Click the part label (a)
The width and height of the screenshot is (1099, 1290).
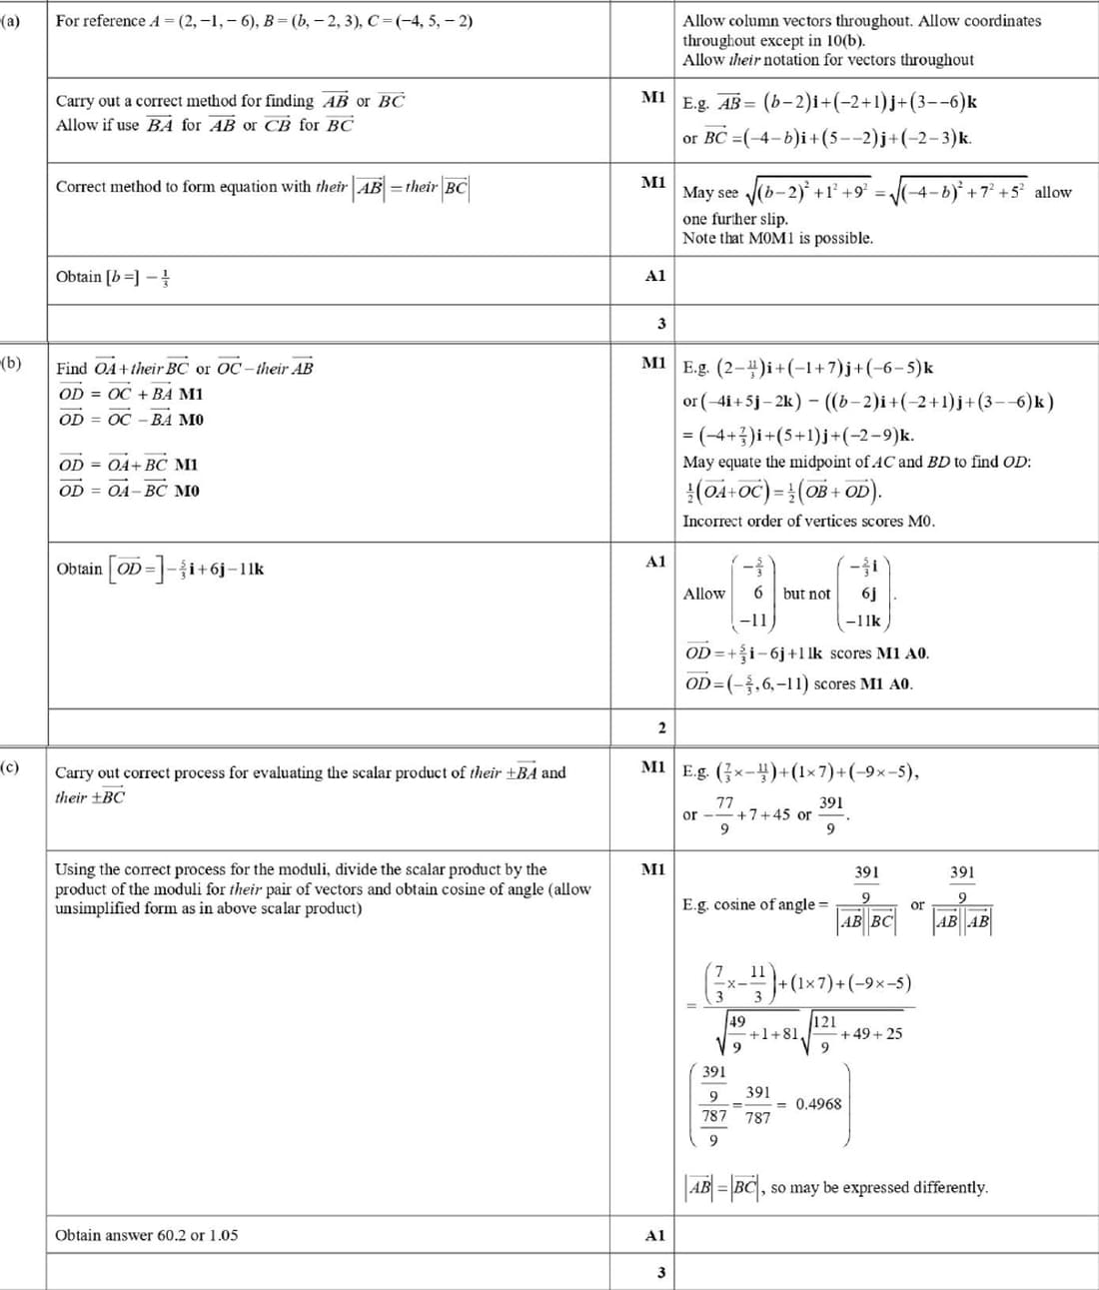tap(10, 21)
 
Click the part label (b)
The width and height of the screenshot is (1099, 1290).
tap(10, 364)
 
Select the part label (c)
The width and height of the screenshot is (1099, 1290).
tap(10, 767)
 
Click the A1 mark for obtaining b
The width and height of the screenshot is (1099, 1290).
tap(655, 276)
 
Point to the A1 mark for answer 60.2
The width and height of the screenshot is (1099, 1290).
tap(655, 1235)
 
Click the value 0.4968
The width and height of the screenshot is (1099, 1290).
tap(818, 1104)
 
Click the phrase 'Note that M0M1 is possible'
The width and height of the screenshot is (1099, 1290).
tap(777, 238)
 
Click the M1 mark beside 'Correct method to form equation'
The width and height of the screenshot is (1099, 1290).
tap(653, 182)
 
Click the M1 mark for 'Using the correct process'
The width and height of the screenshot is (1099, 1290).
tap(653, 869)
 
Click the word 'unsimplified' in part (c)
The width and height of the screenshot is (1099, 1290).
tap(98, 908)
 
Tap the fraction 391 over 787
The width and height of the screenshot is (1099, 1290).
tap(758, 1105)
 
